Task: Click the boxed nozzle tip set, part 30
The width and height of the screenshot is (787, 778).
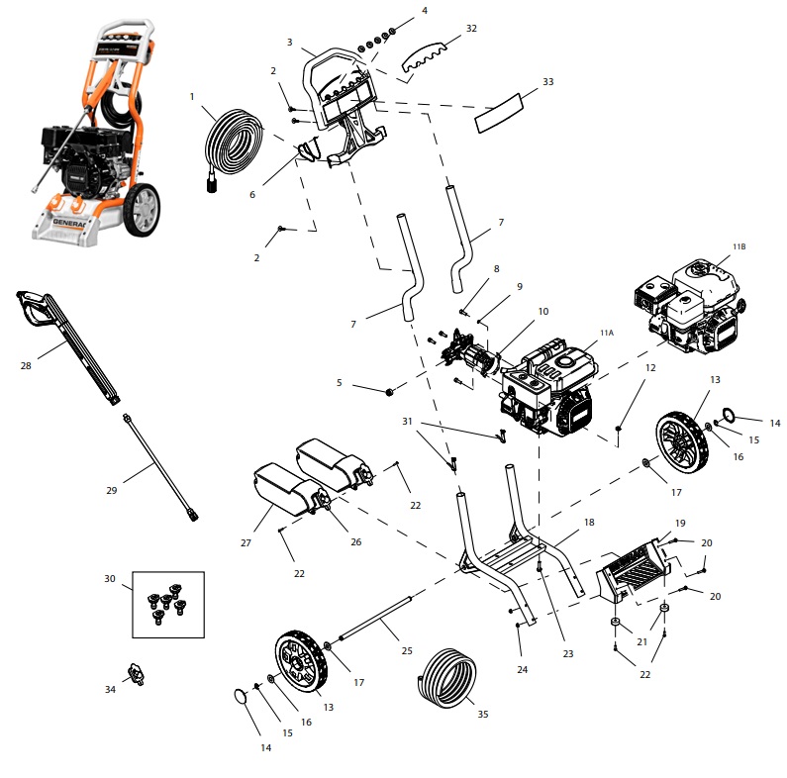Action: pyautogui.click(x=167, y=603)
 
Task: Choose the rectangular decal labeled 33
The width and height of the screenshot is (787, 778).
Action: pyautogui.click(x=505, y=111)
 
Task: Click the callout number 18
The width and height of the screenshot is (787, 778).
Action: pyautogui.click(x=589, y=522)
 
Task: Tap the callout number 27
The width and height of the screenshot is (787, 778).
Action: pyautogui.click(x=245, y=543)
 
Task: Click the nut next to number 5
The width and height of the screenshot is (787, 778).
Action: pyautogui.click(x=389, y=391)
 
